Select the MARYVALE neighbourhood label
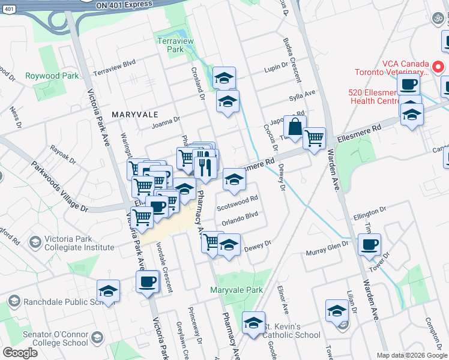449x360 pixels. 134,114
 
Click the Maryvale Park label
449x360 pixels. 237,290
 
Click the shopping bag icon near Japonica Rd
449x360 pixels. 295,127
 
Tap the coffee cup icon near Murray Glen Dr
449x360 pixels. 369,245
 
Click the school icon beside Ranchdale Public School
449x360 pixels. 108,292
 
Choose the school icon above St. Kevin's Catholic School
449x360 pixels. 253,323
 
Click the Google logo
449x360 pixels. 20,353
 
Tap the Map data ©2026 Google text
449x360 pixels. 412,355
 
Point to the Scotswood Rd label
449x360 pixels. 237,202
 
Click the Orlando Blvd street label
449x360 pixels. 240,218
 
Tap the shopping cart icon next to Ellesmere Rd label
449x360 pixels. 314,139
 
